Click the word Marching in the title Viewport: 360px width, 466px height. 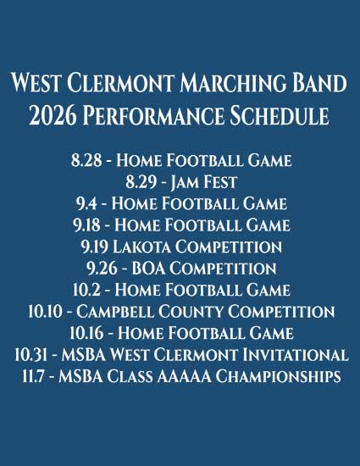pyautogui.click(x=233, y=83)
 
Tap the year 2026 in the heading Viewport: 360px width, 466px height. pyautogui.click(x=53, y=115)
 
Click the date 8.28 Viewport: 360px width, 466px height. pyautogui.click(x=86, y=160)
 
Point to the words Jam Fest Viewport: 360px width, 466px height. pyautogui.click(x=204, y=182)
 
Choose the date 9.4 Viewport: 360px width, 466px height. pyautogui.click(x=86, y=203)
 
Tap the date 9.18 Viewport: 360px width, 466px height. pyautogui.click(x=86, y=225)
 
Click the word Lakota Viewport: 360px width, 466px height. pyautogui.click(x=141, y=247)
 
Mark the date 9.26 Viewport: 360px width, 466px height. pyautogui.click(x=102, y=269)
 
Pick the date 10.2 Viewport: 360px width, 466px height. pyautogui.click(x=86, y=290)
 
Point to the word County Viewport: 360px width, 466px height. pyautogui.click(x=191, y=312)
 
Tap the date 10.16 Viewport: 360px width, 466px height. pyautogui.click(x=86, y=333)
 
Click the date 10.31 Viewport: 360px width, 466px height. pyautogui.click(x=30, y=355)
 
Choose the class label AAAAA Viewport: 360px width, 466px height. pyautogui.click(x=184, y=376)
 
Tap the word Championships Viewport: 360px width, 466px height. pyautogui.click(x=278, y=376)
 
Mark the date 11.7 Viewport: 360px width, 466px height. pyautogui.click(x=33, y=376)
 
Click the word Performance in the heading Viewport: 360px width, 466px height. pyautogui.click(x=153, y=115)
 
